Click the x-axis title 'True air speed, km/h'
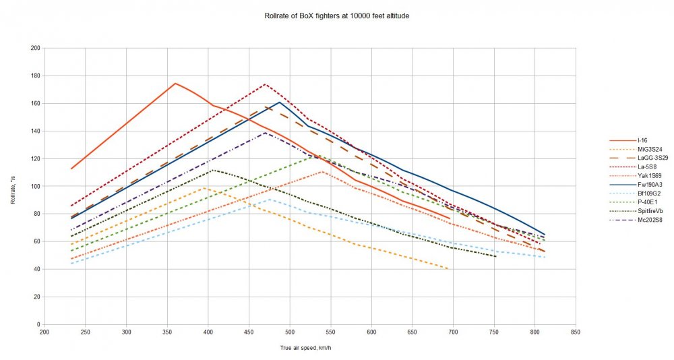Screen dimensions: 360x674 [x=309, y=347]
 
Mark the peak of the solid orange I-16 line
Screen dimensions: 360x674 [x=175, y=84]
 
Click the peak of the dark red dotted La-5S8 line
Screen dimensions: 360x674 [x=265, y=84]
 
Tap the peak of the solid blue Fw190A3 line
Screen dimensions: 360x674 [x=279, y=102]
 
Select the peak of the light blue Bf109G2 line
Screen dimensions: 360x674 [x=269, y=199]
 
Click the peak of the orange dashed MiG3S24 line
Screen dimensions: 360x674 [x=204, y=188]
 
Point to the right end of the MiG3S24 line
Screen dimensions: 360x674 [x=448, y=269]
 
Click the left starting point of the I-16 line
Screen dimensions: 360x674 [x=71, y=169]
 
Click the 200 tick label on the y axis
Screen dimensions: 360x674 [x=35, y=49]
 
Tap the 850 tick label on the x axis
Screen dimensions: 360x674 [x=576, y=332]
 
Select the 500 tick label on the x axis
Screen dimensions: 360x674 [x=290, y=332]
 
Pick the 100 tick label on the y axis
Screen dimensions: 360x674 [x=35, y=187]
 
